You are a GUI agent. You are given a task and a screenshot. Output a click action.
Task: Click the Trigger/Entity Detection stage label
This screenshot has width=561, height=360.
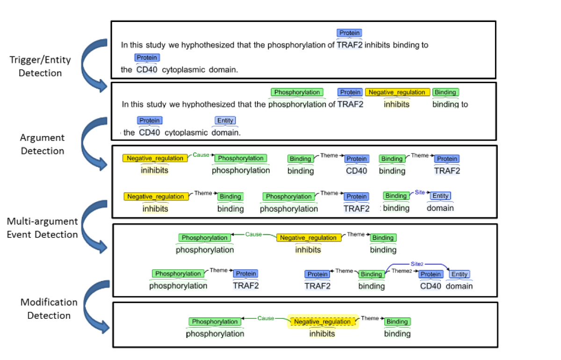point(40,66)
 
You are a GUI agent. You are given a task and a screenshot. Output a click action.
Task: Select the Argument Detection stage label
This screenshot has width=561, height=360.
point(43,144)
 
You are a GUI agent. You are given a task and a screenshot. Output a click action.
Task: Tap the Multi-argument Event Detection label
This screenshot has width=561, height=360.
point(42,228)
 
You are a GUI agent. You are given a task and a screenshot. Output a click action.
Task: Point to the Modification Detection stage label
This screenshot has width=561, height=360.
point(49,309)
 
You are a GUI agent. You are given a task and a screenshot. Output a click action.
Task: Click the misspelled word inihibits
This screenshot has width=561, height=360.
point(155,171)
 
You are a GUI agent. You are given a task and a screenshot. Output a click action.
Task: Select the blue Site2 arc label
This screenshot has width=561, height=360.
point(417,264)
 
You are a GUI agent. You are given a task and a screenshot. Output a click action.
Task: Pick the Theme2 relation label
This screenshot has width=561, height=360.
point(402,271)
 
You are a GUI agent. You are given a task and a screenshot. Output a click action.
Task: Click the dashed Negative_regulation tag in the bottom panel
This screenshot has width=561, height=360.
point(323,322)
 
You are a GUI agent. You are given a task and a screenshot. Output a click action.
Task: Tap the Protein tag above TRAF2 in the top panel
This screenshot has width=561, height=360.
point(349,33)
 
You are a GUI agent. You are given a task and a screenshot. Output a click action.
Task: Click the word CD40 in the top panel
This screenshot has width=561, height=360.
point(147,70)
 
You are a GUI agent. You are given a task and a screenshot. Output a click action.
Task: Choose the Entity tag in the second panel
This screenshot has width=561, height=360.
point(225,121)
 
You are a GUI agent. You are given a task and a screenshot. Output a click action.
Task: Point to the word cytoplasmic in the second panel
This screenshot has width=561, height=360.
point(186,133)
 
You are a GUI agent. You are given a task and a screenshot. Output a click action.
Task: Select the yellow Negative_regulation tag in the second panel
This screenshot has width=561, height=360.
point(397,93)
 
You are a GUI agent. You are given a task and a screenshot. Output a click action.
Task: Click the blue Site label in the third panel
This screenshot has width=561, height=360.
point(419,192)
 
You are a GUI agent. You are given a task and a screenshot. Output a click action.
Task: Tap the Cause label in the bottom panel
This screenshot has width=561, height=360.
point(265,318)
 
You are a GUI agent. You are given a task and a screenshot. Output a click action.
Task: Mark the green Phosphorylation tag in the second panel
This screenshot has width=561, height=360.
point(297,93)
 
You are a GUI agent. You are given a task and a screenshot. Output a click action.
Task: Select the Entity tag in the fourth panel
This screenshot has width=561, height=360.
point(460,274)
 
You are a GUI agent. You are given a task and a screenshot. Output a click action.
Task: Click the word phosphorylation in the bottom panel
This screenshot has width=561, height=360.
point(215,334)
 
